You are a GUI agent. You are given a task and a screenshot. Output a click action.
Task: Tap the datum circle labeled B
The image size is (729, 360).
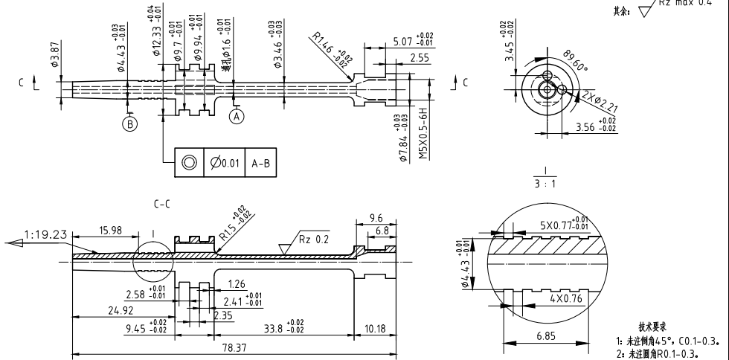(131, 124)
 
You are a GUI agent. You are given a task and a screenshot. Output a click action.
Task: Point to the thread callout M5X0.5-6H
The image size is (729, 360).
(423, 131)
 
